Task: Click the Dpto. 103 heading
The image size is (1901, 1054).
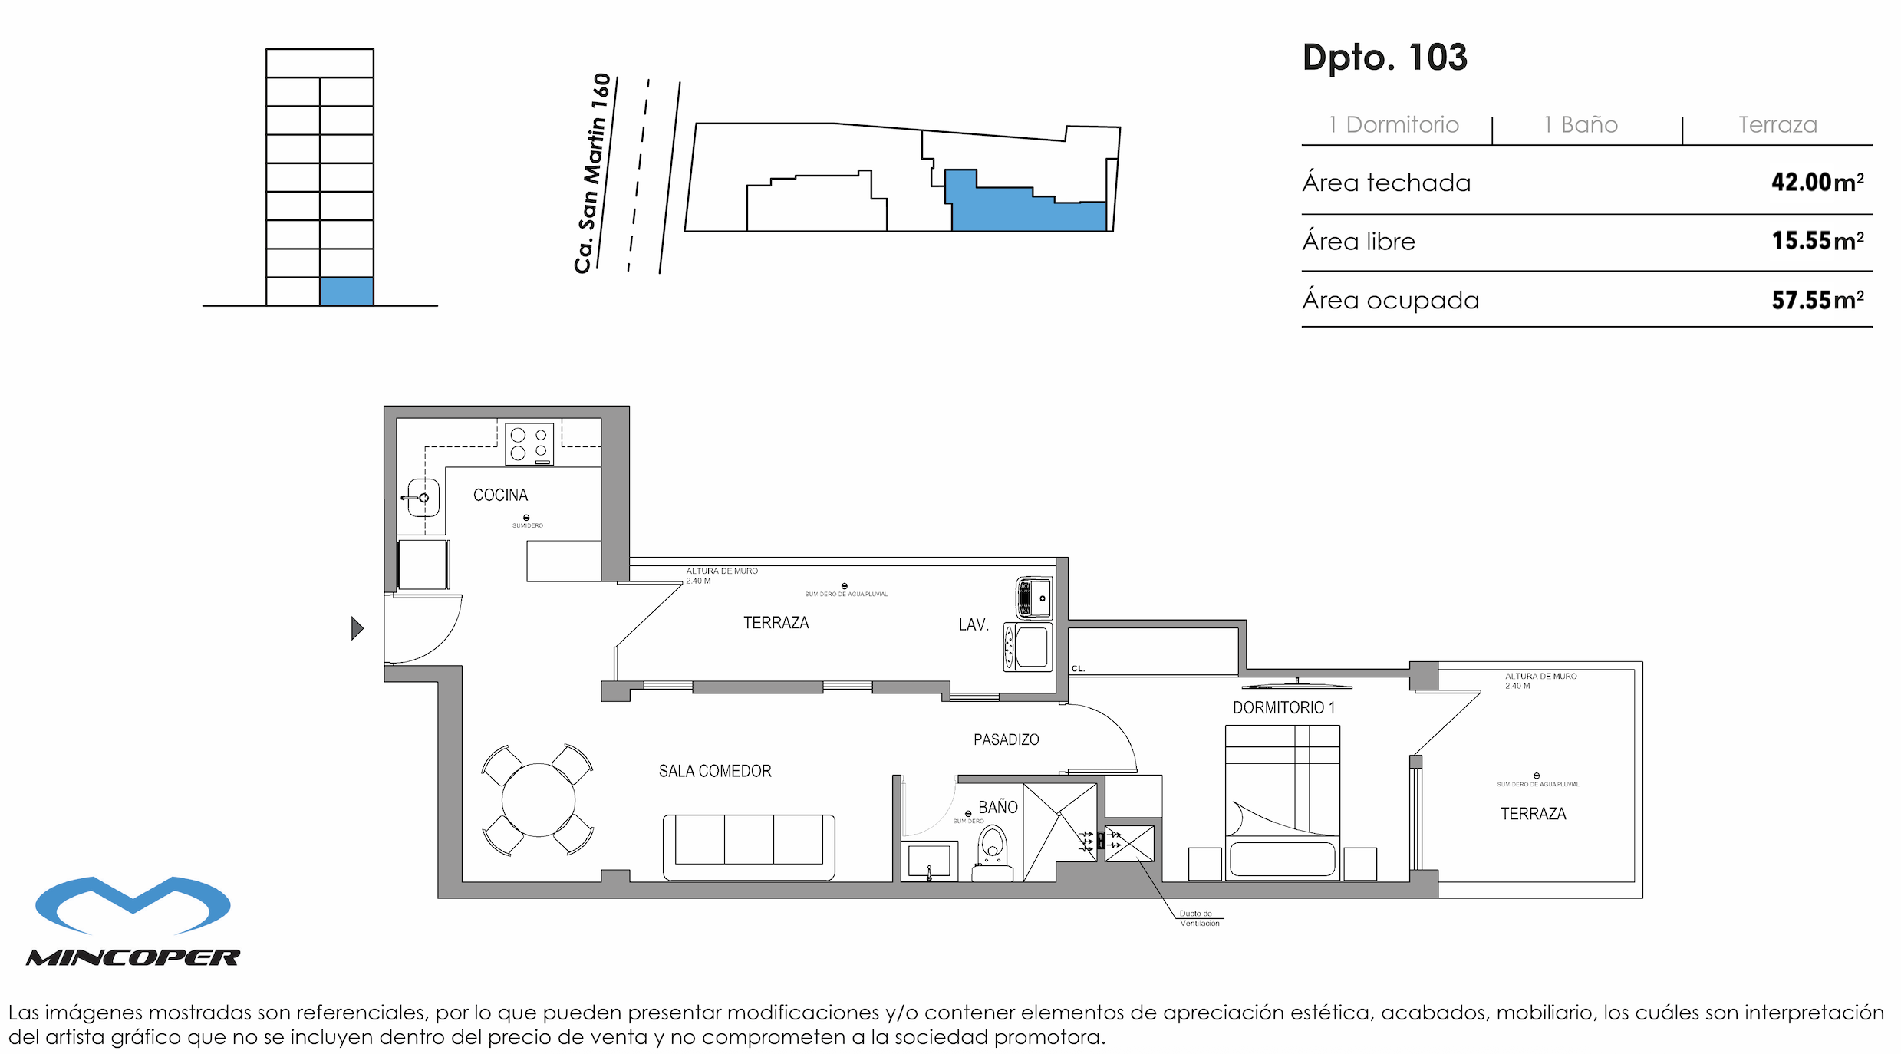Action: pos(1385,58)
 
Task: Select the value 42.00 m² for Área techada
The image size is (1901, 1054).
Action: pos(1817,183)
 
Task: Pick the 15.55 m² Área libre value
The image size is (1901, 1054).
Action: pos(1817,241)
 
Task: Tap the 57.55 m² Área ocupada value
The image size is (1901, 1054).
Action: pos(1817,300)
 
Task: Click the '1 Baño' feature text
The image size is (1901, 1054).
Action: pos(1580,125)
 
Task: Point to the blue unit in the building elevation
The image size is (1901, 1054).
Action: pos(346,291)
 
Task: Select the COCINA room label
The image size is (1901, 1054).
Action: pos(500,496)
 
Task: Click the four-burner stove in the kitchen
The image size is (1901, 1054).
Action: pos(529,444)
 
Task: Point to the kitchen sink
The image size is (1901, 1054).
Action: pos(423,498)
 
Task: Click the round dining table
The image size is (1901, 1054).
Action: pos(538,799)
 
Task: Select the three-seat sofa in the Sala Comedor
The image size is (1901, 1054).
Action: pos(748,847)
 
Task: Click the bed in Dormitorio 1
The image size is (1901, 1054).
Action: pos(1282,802)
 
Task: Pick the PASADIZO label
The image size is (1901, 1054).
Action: pos(1006,740)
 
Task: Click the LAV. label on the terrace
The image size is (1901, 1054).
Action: pos(973,625)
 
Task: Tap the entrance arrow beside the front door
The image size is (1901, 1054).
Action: pos(357,628)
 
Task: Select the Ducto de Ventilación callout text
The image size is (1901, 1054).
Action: pos(1198,918)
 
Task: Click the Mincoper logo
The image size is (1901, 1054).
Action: pos(133,921)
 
